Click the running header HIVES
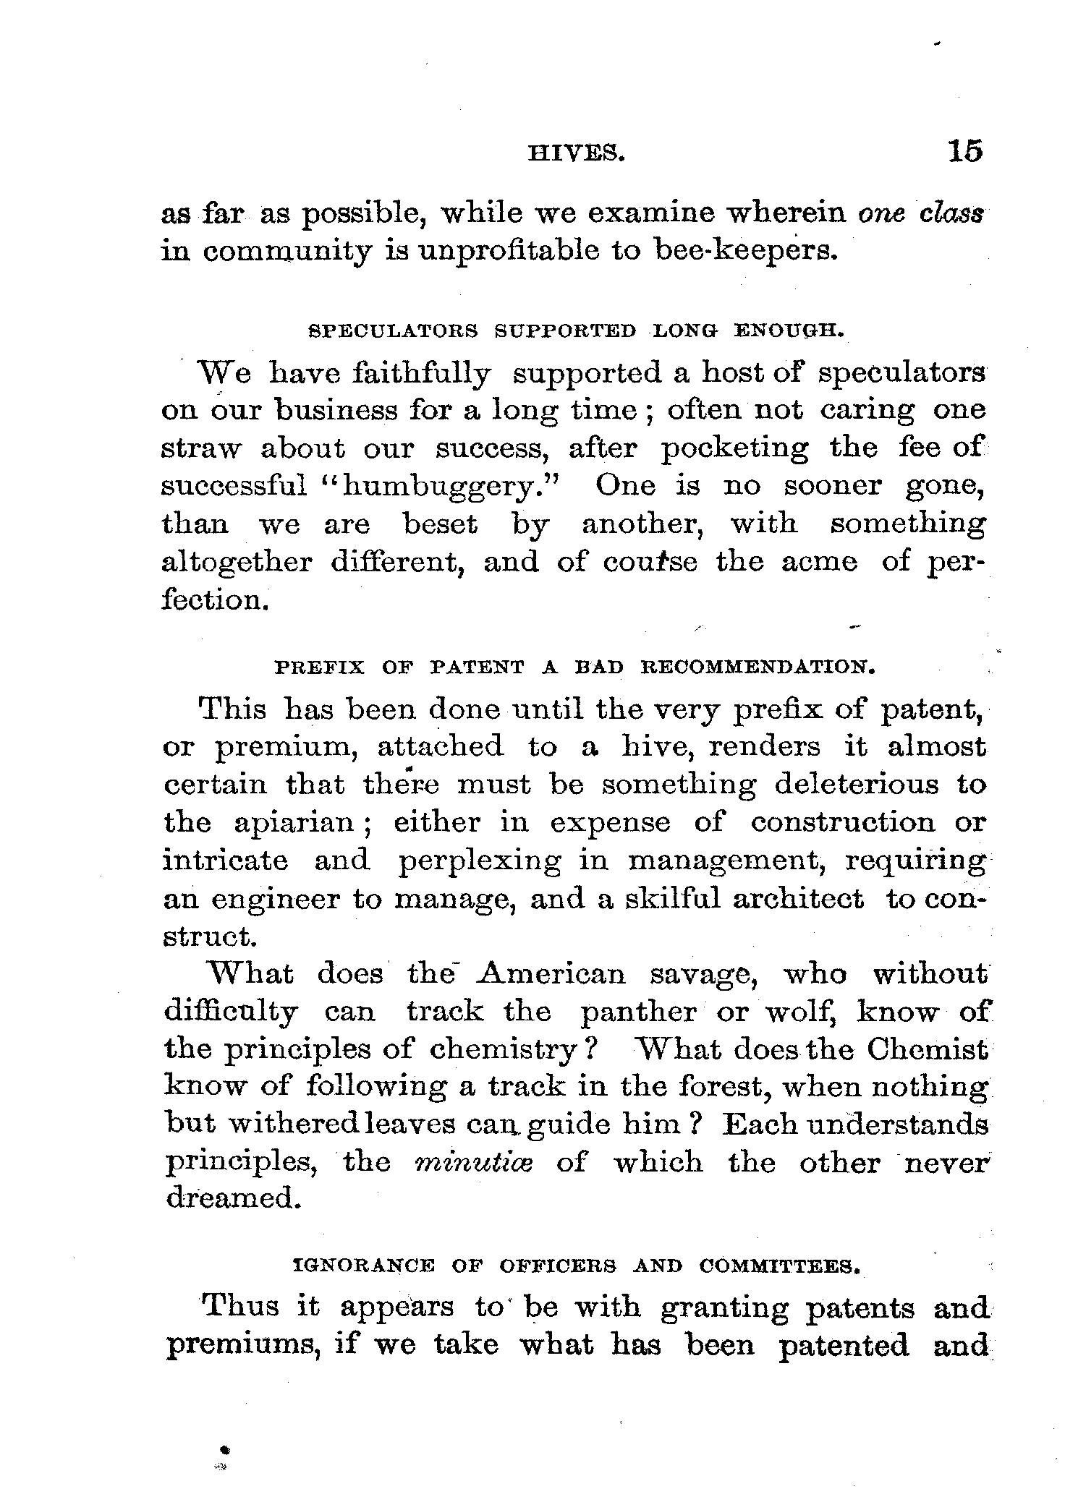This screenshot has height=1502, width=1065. coord(576,153)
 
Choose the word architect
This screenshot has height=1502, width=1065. coord(797,899)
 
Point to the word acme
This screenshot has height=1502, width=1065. coord(819,562)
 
